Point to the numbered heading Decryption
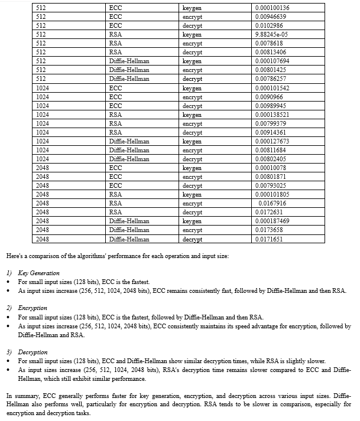click(x=33, y=352)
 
